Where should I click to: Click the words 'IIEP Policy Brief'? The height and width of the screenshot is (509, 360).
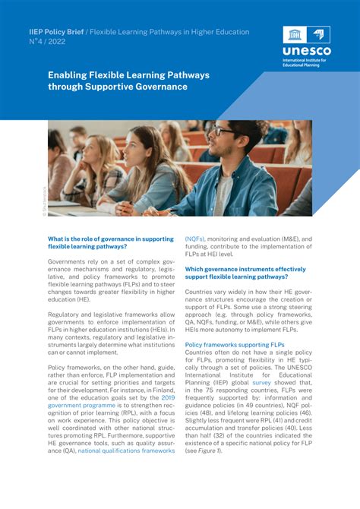[57, 32]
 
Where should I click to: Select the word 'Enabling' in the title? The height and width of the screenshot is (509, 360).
[68, 76]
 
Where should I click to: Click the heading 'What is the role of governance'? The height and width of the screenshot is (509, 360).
[110, 239]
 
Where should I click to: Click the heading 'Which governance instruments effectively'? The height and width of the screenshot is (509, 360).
[245, 269]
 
